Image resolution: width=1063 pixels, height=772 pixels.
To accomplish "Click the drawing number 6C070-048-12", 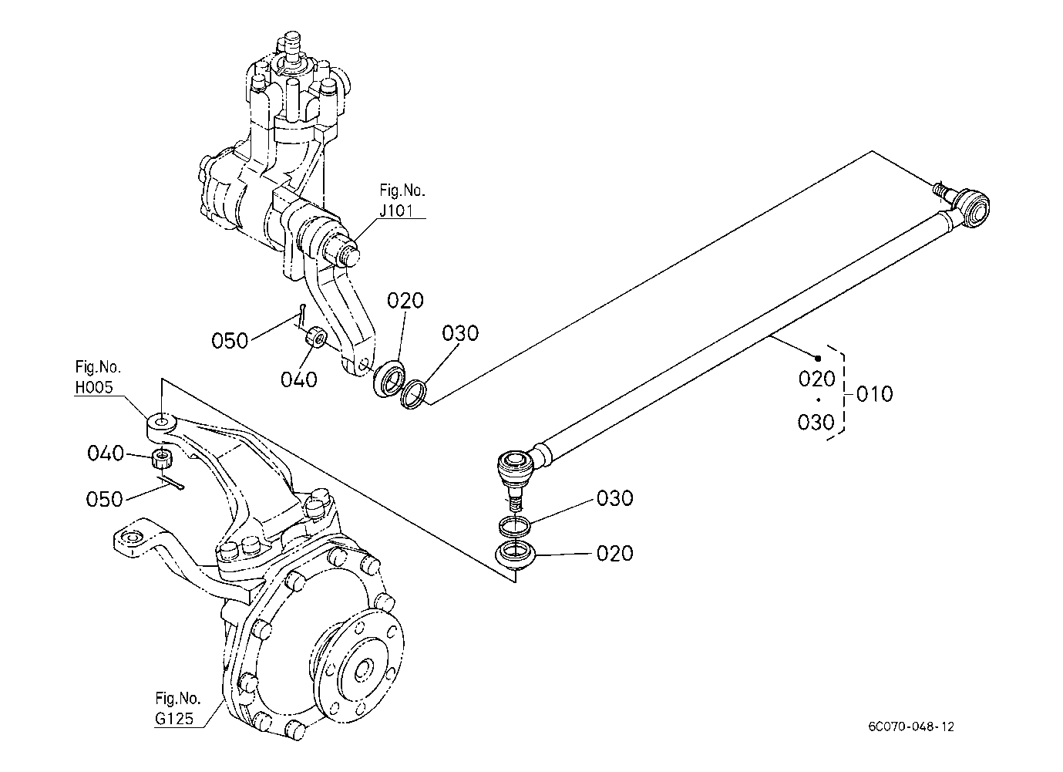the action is (x=910, y=727).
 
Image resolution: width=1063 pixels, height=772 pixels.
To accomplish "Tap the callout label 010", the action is (x=874, y=394).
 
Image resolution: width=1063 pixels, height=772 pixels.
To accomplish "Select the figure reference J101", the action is (x=395, y=211).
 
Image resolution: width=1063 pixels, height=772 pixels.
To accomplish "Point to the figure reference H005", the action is (x=94, y=387).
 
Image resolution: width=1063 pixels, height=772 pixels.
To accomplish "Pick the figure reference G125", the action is (x=174, y=719).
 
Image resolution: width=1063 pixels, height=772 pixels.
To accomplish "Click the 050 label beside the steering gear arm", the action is (x=230, y=341).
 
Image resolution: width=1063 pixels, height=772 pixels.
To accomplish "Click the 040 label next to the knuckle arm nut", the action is (x=106, y=453).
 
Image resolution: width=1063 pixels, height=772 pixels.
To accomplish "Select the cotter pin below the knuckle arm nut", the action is (x=172, y=482).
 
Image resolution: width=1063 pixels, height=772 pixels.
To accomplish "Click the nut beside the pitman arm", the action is (x=315, y=338).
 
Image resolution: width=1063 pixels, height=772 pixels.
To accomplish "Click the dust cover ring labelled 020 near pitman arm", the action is (x=391, y=379).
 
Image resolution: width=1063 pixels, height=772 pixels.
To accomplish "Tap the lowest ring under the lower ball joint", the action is (x=515, y=554).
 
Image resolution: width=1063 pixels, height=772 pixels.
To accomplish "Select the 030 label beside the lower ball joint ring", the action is (x=614, y=498).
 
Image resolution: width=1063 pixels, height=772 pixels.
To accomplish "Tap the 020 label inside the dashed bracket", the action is (x=816, y=379).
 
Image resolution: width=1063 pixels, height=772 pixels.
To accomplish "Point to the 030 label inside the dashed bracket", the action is (x=816, y=422).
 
